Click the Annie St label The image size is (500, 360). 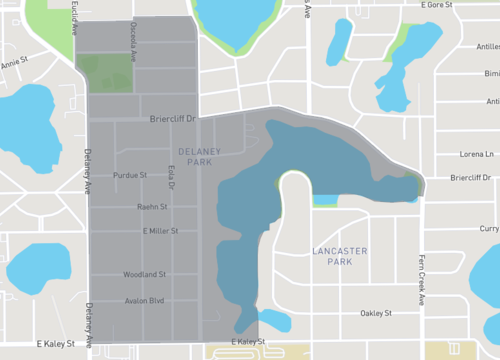pos(13,63)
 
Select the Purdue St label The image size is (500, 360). pos(130,175)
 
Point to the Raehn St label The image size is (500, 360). pos(151,207)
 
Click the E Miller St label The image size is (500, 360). pos(160,231)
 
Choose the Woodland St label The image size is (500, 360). pos(144,274)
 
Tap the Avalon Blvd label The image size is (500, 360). pos(144,301)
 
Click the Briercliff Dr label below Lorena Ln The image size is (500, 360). pos(474,178)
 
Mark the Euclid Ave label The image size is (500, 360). pos(74,17)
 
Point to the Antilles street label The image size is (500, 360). pos(491,101)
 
